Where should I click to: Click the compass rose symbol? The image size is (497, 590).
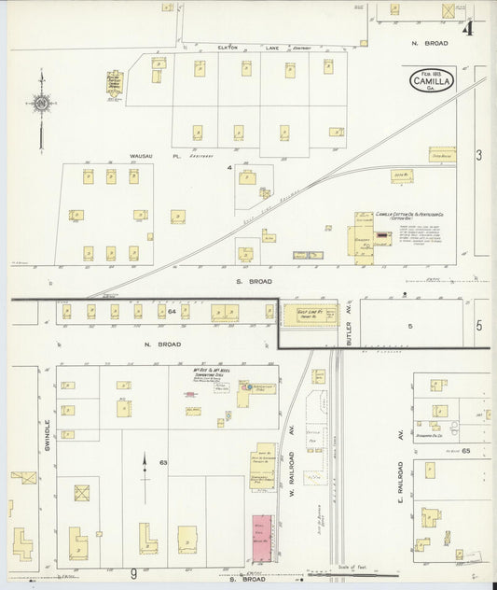pos(42,102)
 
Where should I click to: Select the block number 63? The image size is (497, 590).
pos(162,462)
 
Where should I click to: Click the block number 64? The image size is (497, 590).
pos(172,310)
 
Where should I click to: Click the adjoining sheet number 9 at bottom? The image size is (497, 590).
pos(134,575)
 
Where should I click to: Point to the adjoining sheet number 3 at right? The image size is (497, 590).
pos(478,155)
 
